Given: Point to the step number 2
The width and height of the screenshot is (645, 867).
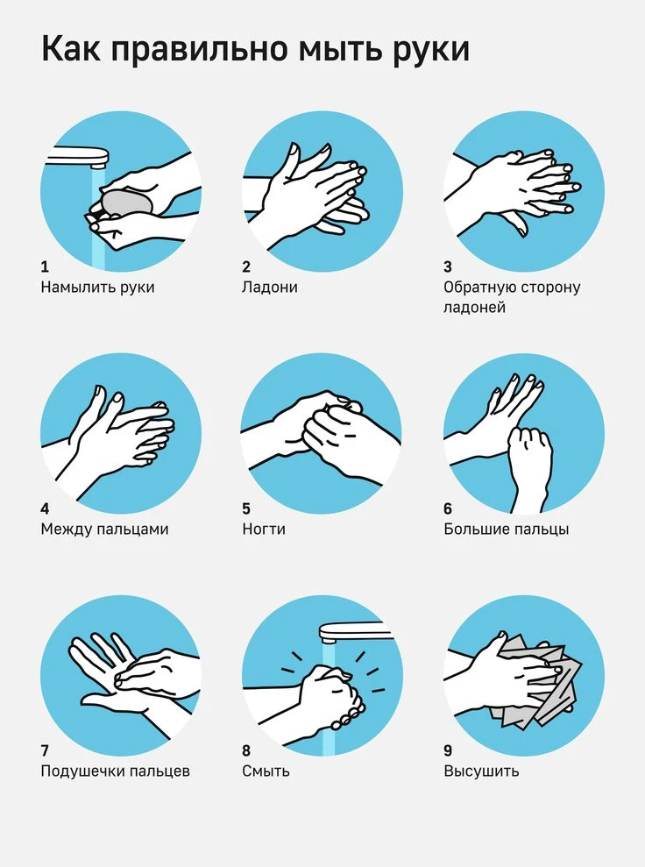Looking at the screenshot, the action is (246, 267).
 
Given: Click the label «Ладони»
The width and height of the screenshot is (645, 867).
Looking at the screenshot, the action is (270, 288).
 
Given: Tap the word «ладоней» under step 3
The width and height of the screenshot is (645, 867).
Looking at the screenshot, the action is (474, 308).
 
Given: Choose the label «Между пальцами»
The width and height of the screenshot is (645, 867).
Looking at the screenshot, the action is (104, 529).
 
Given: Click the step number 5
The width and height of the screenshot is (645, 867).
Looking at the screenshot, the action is (246, 508).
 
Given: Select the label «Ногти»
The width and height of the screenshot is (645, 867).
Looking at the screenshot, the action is (264, 529).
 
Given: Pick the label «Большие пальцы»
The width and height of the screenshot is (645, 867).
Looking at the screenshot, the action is (507, 529).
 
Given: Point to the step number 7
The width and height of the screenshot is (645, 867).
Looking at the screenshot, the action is (45, 750).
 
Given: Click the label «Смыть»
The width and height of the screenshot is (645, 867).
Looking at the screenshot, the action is (266, 771).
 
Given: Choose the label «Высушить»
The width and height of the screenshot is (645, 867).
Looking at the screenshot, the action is (481, 771).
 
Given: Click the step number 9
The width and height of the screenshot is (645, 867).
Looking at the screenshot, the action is (448, 750).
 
